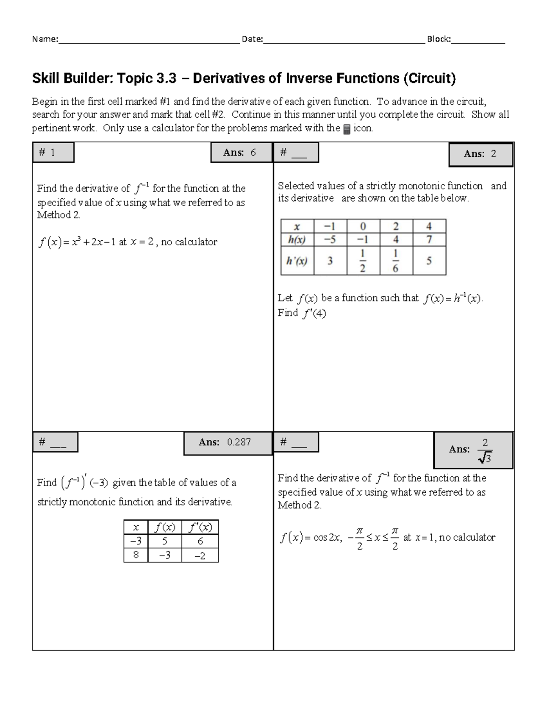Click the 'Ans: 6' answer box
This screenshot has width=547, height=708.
click(240, 153)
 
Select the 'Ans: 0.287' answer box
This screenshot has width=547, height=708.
click(227, 442)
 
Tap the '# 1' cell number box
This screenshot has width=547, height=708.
click(53, 153)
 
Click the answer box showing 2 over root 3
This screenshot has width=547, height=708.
click(473, 450)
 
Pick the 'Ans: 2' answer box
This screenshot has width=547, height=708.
click(480, 154)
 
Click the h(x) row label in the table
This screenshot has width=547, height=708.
click(297, 239)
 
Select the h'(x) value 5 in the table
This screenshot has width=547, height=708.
click(429, 261)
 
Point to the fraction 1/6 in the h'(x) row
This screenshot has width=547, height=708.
click(396, 261)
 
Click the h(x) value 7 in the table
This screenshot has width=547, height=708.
click(429, 239)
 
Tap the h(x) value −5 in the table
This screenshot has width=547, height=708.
click(330, 239)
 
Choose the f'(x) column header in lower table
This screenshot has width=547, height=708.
click(200, 527)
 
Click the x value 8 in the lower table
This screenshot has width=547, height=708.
click(136, 555)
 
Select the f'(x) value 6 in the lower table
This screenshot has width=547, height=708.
click(200, 541)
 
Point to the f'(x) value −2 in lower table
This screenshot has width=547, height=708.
click(200, 555)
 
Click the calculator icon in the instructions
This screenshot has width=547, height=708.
click(346, 129)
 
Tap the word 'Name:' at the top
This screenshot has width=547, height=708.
click(45, 39)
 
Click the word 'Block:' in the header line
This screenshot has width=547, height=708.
click(439, 39)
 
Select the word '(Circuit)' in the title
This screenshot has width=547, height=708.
click(429, 79)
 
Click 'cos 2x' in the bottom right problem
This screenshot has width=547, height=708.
click(327, 537)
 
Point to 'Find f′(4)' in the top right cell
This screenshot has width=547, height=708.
click(302, 313)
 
